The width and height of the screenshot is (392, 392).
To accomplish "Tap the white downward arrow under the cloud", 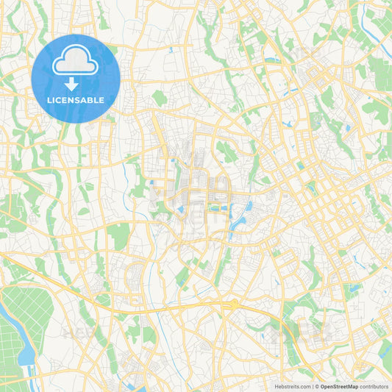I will (x=75, y=82).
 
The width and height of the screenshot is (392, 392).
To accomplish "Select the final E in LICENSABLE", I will (x=102, y=100).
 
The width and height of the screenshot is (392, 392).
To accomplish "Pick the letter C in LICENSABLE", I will (x=62, y=100).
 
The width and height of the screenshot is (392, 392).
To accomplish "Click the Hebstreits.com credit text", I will (x=292, y=386).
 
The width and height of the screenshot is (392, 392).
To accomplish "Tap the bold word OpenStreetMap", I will (x=338, y=386).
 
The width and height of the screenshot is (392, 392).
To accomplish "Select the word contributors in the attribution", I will (x=374, y=386).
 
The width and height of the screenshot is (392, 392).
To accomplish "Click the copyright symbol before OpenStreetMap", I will (x=317, y=386).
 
